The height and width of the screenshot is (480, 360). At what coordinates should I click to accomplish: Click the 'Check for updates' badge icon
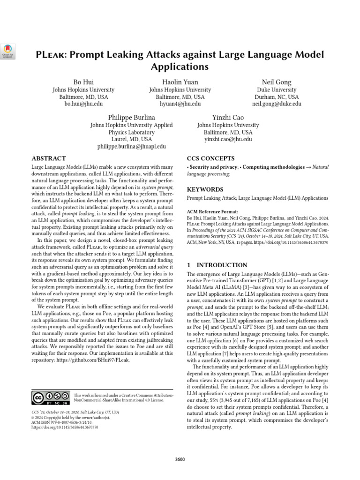8,52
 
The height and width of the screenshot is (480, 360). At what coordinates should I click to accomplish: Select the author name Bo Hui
83,82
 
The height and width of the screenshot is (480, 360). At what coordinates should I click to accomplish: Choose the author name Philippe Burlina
131,117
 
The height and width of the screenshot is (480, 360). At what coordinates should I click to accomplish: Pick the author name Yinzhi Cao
228,117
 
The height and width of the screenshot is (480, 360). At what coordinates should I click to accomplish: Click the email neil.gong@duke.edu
277,104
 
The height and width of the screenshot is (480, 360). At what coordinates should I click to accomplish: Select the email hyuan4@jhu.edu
180,104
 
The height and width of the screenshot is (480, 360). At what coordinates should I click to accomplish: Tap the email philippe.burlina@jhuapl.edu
131,147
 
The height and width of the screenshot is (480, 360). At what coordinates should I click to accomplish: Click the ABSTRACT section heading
49,158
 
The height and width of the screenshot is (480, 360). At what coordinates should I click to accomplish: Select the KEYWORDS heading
205,189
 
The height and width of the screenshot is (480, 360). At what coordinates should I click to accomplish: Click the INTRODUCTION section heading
217,265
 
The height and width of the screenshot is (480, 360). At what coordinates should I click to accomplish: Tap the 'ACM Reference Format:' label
212,212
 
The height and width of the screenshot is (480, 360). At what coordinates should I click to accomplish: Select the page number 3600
180,459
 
